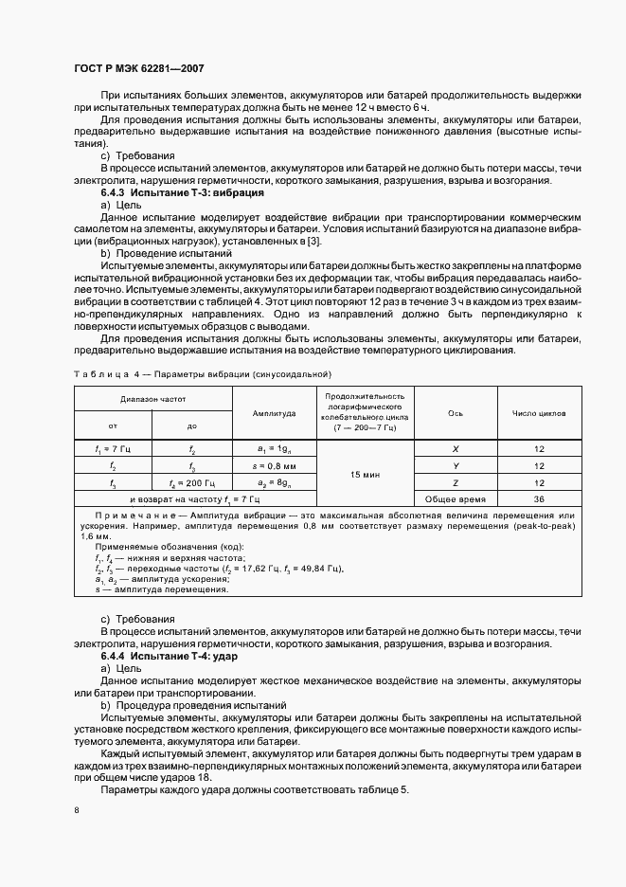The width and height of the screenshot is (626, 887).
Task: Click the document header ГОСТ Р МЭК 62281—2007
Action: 138,69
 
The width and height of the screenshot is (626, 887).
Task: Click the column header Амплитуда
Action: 274,413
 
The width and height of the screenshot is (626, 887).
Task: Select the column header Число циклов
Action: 539,413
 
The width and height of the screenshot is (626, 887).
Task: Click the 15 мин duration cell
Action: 365,473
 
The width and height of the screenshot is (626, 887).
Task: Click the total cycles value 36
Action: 539,498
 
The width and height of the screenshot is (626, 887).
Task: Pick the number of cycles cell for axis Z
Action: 539,481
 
